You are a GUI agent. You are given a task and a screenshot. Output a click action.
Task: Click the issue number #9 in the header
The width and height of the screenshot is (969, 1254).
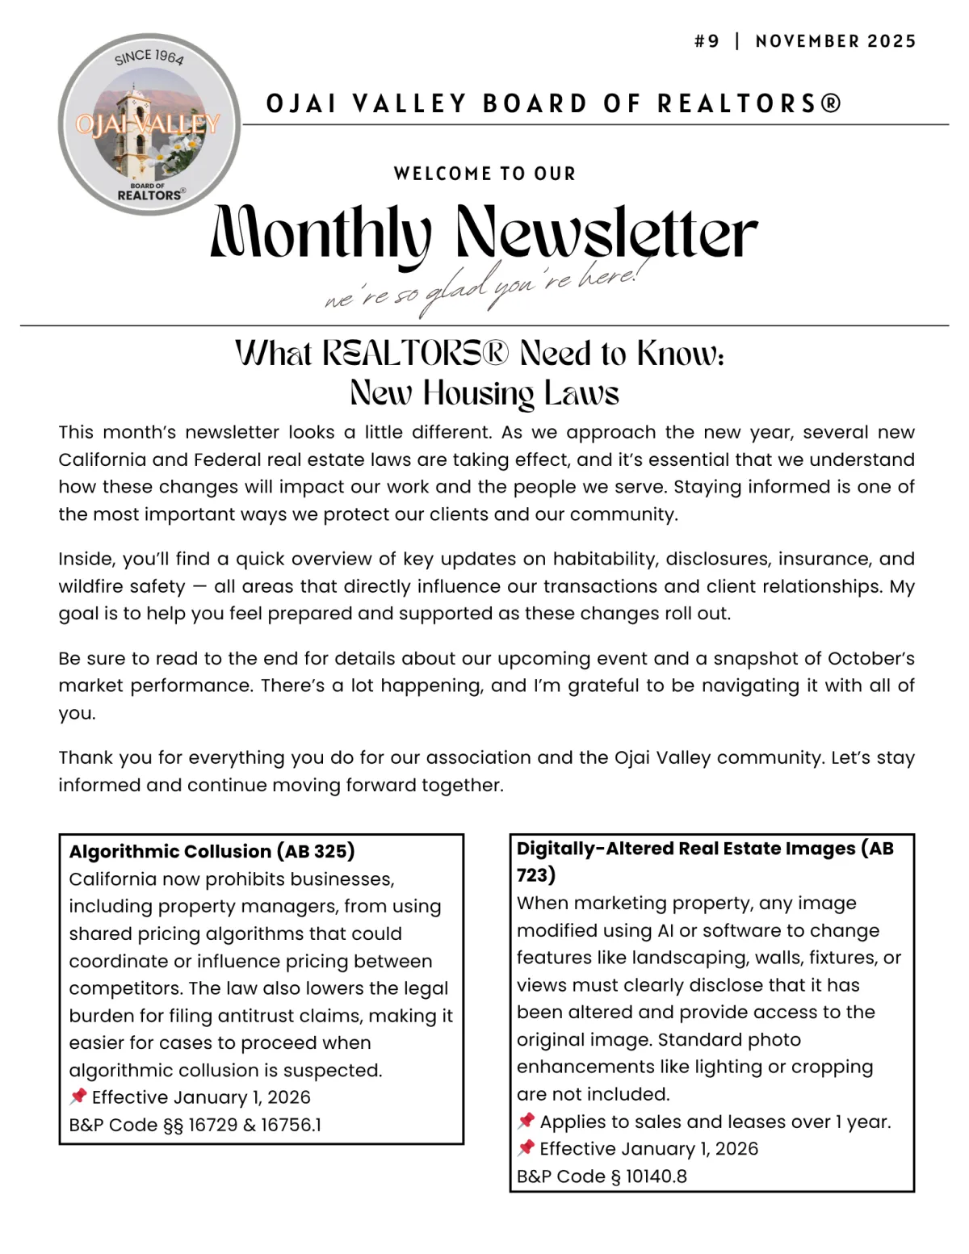[x=707, y=41]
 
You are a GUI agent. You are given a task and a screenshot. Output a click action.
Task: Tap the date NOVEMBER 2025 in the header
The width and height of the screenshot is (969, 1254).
[x=836, y=41]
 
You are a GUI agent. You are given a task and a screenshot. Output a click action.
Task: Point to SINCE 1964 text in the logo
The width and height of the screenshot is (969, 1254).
[x=149, y=57]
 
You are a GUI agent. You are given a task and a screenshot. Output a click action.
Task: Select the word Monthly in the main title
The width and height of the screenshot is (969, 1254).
[x=321, y=233]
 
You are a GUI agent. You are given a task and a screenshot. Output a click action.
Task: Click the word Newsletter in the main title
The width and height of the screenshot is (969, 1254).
[x=606, y=233]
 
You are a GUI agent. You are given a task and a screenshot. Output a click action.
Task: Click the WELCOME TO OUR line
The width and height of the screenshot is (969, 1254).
[x=484, y=174]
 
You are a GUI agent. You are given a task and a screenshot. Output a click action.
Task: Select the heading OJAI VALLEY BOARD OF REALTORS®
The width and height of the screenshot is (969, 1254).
[x=554, y=104]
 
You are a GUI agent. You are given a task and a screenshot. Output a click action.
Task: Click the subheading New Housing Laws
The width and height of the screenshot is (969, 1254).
[x=484, y=393]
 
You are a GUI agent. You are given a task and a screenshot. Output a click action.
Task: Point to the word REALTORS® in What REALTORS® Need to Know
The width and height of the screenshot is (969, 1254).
[x=415, y=354]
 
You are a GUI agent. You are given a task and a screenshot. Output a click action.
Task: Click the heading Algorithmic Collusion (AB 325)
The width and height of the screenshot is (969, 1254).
[x=212, y=851]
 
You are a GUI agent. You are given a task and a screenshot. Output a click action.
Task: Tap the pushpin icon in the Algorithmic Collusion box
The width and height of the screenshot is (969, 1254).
[x=78, y=1097]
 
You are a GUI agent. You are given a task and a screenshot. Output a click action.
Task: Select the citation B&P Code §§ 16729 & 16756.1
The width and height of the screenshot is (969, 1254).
[x=195, y=1125]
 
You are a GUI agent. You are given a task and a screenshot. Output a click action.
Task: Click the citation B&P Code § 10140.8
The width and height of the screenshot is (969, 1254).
[x=602, y=1176]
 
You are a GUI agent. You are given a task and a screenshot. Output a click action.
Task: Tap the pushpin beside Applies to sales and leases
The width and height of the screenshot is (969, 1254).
[x=526, y=1121]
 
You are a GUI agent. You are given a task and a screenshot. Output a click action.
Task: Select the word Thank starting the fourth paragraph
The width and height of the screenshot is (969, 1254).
[x=85, y=758]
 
